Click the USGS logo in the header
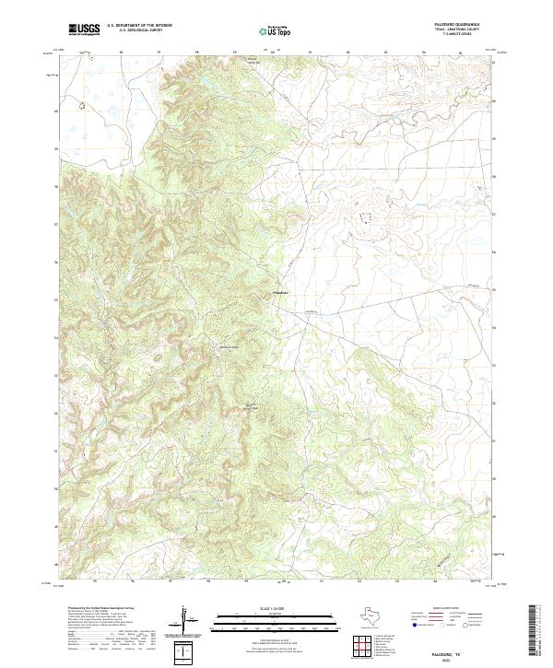pyautogui.click(x=84, y=29)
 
